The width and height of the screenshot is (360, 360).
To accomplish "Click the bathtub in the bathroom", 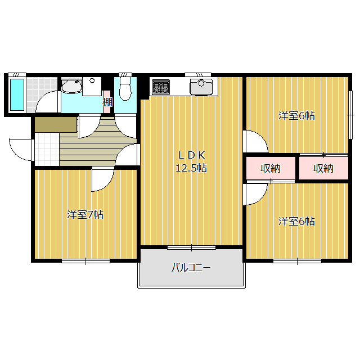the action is (17, 95).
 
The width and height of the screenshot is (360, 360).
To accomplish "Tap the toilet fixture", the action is (125, 89).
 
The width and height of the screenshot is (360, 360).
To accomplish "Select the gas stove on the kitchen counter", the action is (161, 87).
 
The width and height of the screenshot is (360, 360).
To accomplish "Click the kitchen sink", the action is (201, 87).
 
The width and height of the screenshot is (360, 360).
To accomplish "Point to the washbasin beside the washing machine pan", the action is (71, 86).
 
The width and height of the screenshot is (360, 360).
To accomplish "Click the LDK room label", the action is (192, 155).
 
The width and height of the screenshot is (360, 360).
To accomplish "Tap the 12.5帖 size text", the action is (191, 168).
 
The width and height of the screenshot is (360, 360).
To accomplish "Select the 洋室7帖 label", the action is (85, 215).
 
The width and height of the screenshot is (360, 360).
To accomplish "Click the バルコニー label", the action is (191, 268).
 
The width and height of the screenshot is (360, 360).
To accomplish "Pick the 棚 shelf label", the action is (107, 102).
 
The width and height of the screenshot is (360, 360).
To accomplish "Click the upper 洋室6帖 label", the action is (296, 115).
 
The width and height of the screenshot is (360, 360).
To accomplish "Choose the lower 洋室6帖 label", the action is (296, 221).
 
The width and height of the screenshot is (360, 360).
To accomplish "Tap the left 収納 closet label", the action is (271, 169).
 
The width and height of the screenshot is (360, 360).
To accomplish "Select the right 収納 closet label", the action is (323, 169).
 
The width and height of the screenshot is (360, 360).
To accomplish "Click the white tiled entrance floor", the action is (47, 149).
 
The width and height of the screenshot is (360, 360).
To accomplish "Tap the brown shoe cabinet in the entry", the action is (56, 125).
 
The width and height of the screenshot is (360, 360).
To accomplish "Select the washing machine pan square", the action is (92, 86).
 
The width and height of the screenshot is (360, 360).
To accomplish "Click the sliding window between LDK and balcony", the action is (191, 247).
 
